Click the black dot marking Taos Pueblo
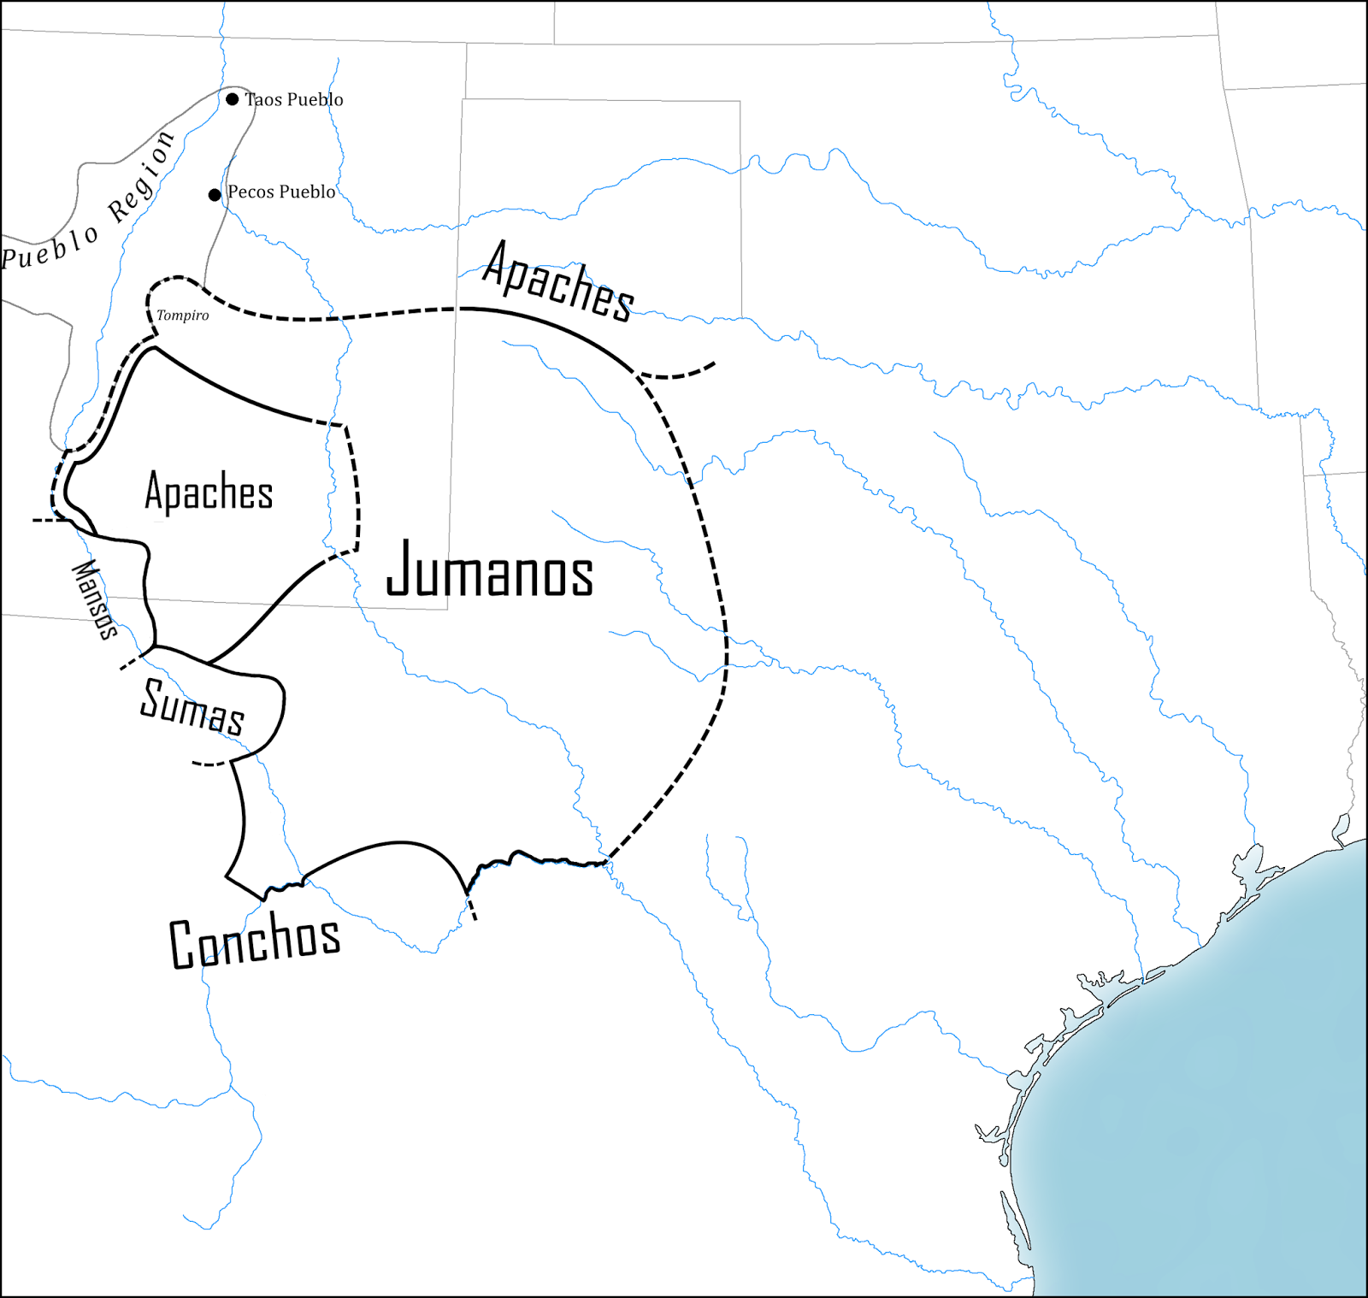coord(232,99)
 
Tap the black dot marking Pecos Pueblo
coord(215,195)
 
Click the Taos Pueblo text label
coord(294,99)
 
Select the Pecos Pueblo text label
coord(281,192)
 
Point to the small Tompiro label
coord(182,316)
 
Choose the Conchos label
coord(255,941)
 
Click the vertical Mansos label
coord(94,599)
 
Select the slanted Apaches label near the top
coord(557,282)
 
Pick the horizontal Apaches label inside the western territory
coord(209,492)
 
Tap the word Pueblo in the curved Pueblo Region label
coord(50,247)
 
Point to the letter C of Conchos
coord(182,945)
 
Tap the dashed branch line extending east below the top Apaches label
coord(677,373)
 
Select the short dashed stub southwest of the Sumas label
coord(209,763)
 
